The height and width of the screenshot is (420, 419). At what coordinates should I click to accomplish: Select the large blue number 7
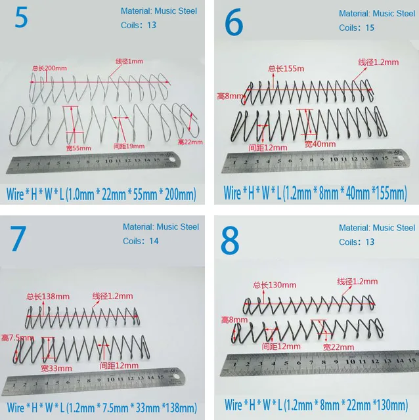point(18,240)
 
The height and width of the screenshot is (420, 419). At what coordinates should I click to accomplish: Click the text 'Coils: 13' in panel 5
point(139,26)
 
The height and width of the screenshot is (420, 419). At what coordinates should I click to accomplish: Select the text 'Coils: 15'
point(357,28)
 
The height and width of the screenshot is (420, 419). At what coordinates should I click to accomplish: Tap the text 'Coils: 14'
point(141,241)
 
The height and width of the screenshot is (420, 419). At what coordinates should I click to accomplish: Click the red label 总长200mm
point(49,68)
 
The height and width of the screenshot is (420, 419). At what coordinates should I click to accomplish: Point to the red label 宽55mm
point(80,148)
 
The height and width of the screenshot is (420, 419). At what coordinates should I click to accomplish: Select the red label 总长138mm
point(48,296)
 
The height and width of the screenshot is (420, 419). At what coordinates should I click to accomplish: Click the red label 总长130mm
point(275,285)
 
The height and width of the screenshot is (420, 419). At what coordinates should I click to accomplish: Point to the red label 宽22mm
point(338,346)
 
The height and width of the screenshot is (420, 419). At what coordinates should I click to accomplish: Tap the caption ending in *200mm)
point(100,194)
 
